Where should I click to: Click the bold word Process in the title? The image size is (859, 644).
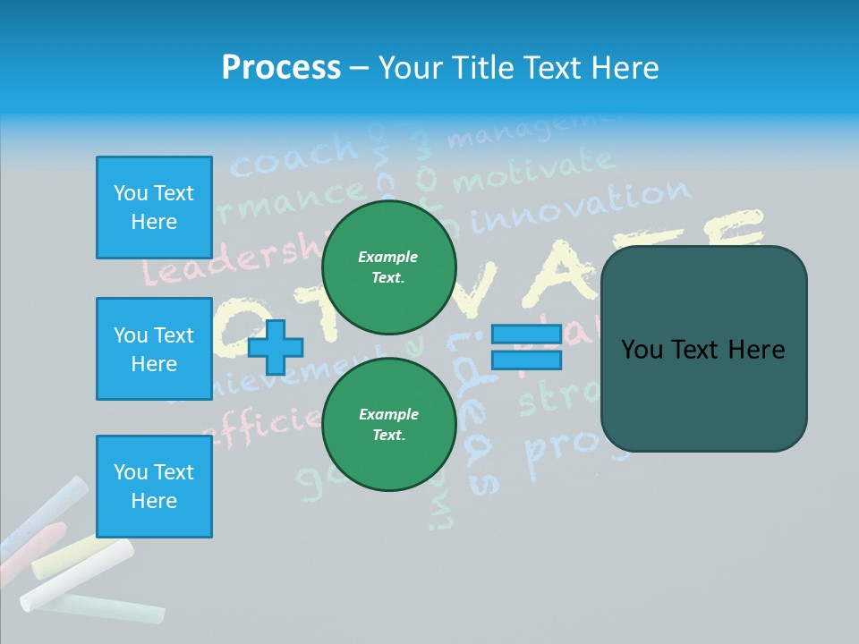pos(281,68)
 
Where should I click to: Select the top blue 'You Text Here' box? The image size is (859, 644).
pos(154,208)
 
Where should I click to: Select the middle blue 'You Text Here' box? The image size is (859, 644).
pos(154,349)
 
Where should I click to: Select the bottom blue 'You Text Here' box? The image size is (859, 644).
pos(154,487)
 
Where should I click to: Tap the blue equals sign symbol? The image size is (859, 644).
pos(526,347)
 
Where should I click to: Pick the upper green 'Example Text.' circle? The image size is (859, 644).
pos(388,267)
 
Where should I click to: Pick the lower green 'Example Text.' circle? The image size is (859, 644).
pos(388,425)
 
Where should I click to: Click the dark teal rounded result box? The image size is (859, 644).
pos(703,349)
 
